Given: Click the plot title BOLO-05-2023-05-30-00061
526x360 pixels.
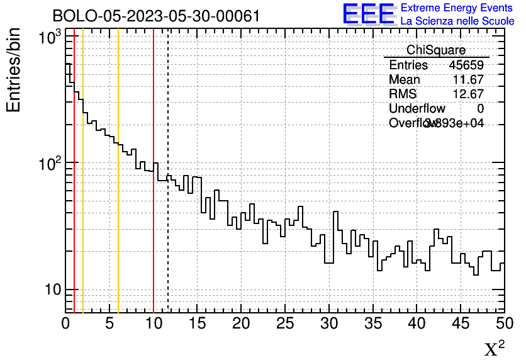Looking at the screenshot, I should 156,16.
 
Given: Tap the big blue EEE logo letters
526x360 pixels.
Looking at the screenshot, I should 369,14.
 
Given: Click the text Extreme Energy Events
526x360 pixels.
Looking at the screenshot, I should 457,8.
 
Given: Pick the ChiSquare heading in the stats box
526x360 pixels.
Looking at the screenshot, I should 435,50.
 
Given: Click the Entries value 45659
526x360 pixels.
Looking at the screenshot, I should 466,65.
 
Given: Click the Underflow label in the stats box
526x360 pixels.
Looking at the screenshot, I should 417,109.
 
